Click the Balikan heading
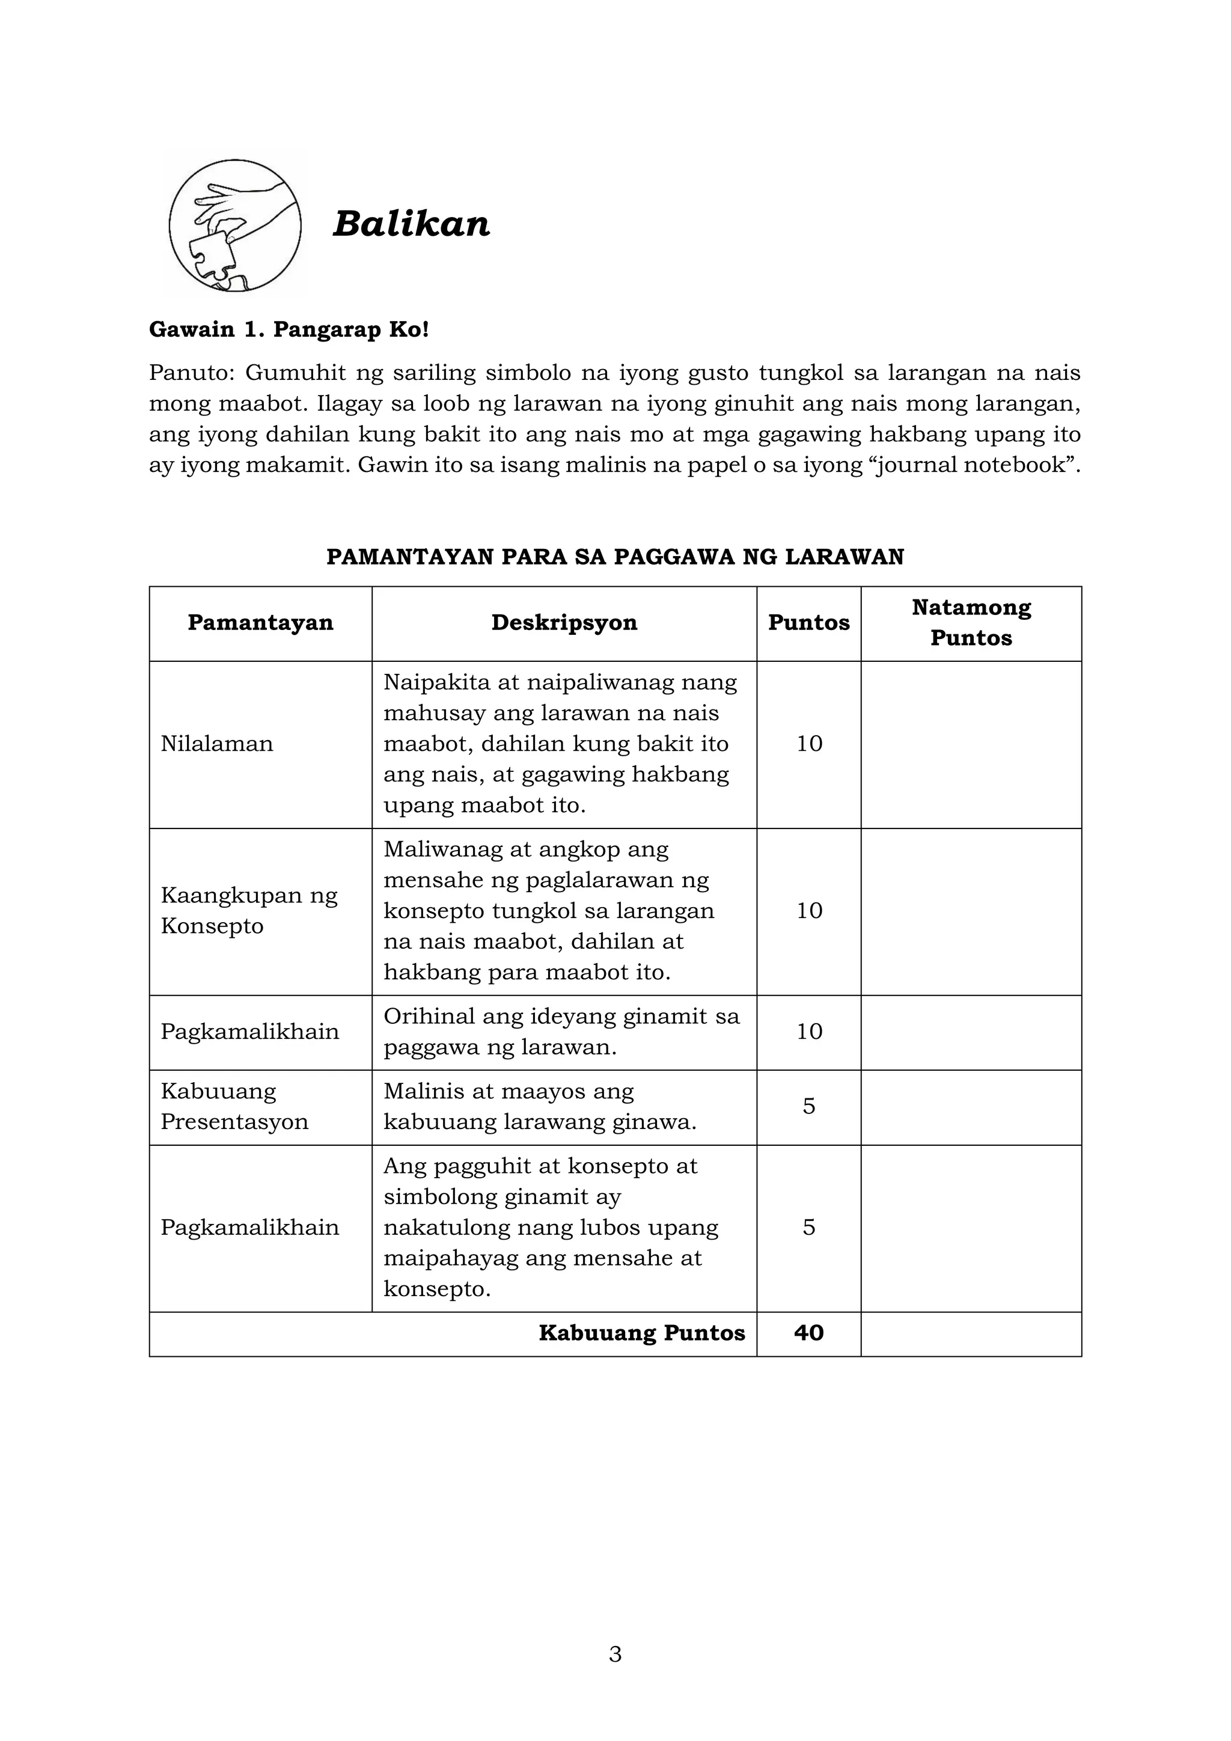pyautogui.click(x=411, y=224)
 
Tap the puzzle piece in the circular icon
pyautogui.click(x=212, y=258)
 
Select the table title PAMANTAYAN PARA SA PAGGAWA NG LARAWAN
pyautogui.click(x=615, y=557)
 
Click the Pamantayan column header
pyautogui.click(x=260, y=623)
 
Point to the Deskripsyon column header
pyautogui.click(x=564, y=623)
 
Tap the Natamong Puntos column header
pyautogui.click(x=971, y=623)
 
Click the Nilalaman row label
pyautogui.click(x=217, y=743)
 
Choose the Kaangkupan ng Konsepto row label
pyautogui.click(x=249, y=910)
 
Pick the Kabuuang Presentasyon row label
pyautogui.click(x=234, y=1106)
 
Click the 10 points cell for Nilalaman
pyautogui.click(x=809, y=743)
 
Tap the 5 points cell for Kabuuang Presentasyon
pyautogui.click(x=809, y=1106)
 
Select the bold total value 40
pyautogui.click(x=809, y=1332)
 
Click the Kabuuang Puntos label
pyautogui.click(x=641, y=1332)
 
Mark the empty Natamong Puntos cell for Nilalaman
pyautogui.click(x=971, y=743)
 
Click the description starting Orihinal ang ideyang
pyautogui.click(x=561, y=1031)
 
